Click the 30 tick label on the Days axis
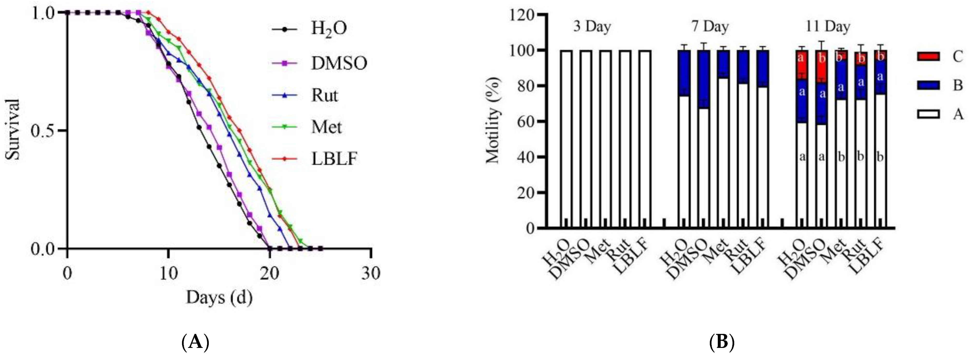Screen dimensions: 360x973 [370, 273]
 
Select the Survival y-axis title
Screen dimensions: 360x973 [13, 130]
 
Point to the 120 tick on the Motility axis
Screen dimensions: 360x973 [522, 15]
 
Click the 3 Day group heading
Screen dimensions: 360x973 [592, 26]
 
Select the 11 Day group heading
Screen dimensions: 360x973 [828, 26]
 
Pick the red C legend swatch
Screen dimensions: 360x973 [928, 56]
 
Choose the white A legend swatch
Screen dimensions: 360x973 [928, 114]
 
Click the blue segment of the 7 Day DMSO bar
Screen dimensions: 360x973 [703, 79]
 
